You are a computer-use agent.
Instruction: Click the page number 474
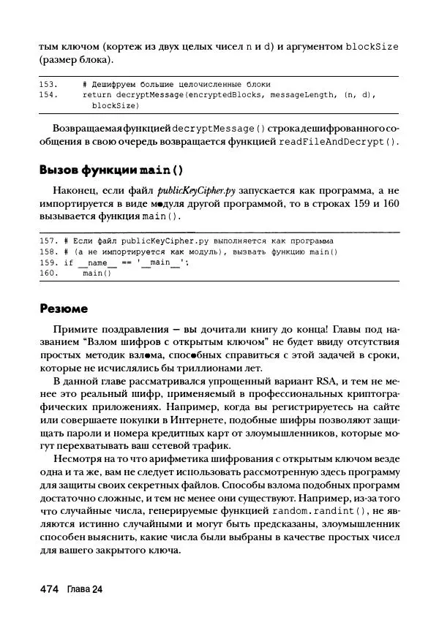click(x=50, y=589)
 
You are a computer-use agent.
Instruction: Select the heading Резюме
click(x=64, y=308)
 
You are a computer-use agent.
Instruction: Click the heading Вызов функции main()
click(x=110, y=171)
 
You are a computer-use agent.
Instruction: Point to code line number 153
click(x=48, y=85)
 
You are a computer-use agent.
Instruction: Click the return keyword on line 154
click(x=95, y=95)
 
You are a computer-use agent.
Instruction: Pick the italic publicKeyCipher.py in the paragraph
click(x=192, y=192)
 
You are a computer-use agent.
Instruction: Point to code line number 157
click(x=48, y=241)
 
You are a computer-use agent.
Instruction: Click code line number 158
click(x=48, y=251)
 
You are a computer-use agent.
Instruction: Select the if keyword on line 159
click(x=69, y=262)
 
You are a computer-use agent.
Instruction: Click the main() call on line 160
click(x=95, y=273)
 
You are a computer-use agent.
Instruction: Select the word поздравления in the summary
click(x=121, y=328)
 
